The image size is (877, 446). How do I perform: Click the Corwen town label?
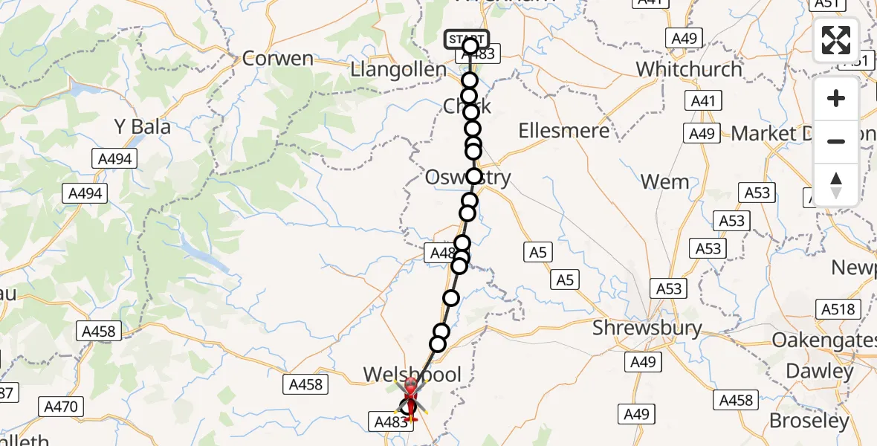pyautogui.click(x=278, y=59)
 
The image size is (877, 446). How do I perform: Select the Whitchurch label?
pyautogui.click(x=689, y=69)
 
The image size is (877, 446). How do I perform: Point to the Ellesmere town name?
pyautogui.click(x=564, y=131)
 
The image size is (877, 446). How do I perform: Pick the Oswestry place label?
pyautogui.click(x=467, y=178)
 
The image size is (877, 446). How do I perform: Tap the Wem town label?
pyautogui.click(x=664, y=181)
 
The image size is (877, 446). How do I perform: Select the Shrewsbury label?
pyautogui.click(x=647, y=328)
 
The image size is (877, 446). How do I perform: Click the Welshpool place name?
pyautogui.click(x=412, y=374)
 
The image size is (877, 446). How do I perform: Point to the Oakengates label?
pyautogui.click(x=823, y=340)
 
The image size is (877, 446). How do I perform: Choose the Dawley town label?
pyautogui.click(x=820, y=371)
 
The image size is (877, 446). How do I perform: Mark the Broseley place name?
pyautogui.click(x=809, y=421)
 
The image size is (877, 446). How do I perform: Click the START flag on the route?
pyautogui.click(x=467, y=39)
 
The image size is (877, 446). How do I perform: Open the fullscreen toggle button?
pyautogui.click(x=836, y=40)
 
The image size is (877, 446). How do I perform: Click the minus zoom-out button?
pyautogui.click(x=836, y=141)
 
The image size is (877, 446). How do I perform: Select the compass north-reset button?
pyautogui.click(x=836, y=184)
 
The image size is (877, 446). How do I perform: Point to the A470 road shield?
pyautogui.click(x=63, y=407)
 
